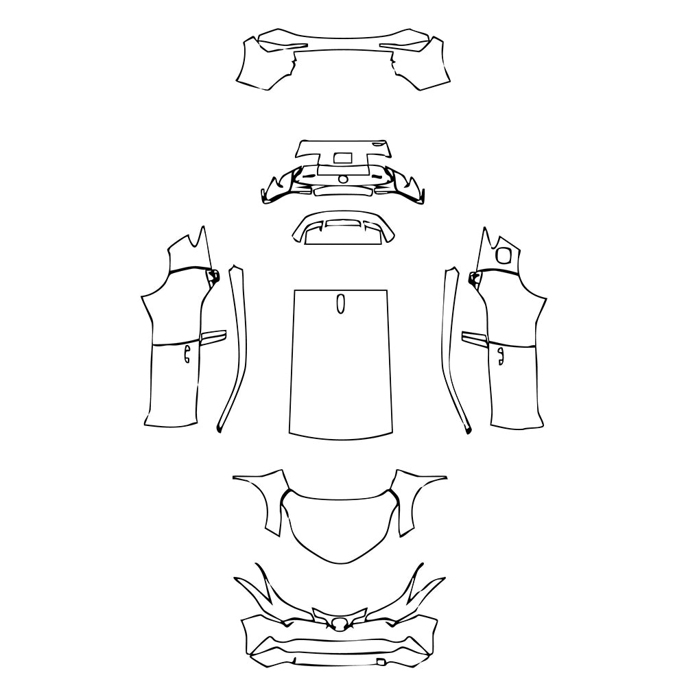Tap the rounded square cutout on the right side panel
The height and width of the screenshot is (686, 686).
[x=504, y=255]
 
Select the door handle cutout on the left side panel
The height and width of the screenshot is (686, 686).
[x=186, y=354]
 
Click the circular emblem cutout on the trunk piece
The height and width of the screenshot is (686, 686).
[x=342, y=180]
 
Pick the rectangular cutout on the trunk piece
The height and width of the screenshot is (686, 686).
[x=342, y=158]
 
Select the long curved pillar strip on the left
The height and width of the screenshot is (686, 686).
[x=234, y=350]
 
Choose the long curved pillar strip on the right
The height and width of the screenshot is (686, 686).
[x=453, y=350]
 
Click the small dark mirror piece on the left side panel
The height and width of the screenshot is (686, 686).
[x=213, y=276]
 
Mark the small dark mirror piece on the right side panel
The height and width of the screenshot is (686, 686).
[x=473, y=276]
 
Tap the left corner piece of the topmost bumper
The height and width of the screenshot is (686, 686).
[x=264, y=65]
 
